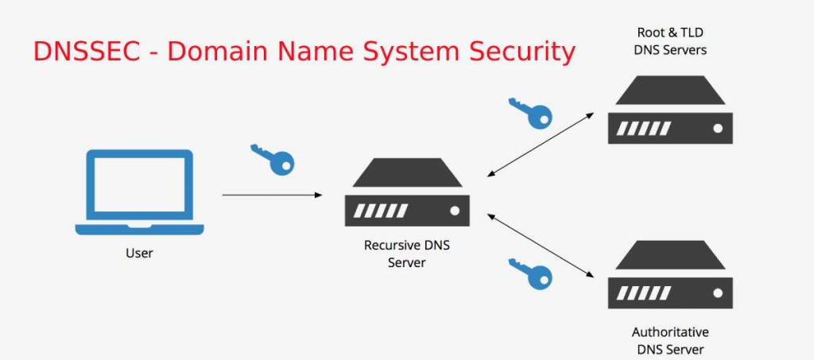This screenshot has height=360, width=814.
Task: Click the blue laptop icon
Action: pyautogui.click(x=139, y=192)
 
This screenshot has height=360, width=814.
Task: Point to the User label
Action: pyautogui.click(x=139, y=254)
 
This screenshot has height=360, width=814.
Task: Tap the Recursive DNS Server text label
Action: pyautogui.click(x=406, y=254)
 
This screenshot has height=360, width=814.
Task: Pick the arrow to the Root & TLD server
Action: pyautogui.click(x=541, y=144)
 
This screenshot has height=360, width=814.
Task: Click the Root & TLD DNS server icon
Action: pyautogui.click(x=669, y=110)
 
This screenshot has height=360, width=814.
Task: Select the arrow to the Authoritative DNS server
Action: pyautogui.click(x=541, y=244)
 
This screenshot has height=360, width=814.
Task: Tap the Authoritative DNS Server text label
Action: pyautogui.click(x=670, y=340)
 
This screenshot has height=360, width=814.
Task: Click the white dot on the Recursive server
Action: pyautogui.click(x=455, y=211)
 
